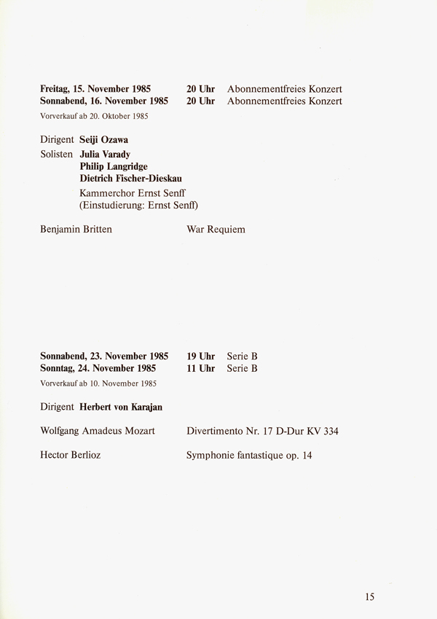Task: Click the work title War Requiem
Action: (216, 230)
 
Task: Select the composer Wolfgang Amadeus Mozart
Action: (98, 431)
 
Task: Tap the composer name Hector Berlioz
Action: (70, 456)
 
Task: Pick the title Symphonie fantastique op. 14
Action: (251, 456)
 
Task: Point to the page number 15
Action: (369, 596)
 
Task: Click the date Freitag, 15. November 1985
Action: (95, 89)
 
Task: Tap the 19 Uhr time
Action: (200, 356)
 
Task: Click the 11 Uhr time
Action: (200, 368)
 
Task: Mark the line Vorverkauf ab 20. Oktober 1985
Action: (94, 116)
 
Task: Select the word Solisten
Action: (57, 155)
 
